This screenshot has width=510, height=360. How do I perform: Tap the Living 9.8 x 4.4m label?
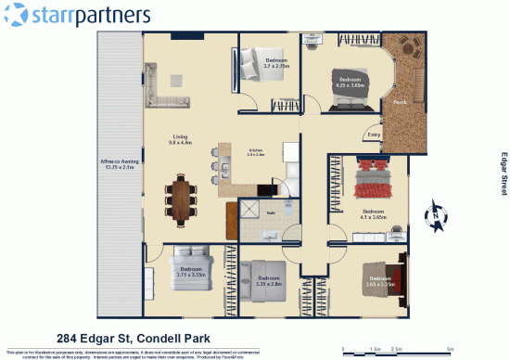180,140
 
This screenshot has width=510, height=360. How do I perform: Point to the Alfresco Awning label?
118,164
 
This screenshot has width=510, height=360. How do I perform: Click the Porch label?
400,101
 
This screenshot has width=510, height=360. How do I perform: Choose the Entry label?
374,135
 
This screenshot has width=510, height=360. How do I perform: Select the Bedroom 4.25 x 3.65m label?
350,83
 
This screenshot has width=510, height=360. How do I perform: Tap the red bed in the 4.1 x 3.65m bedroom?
375,176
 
